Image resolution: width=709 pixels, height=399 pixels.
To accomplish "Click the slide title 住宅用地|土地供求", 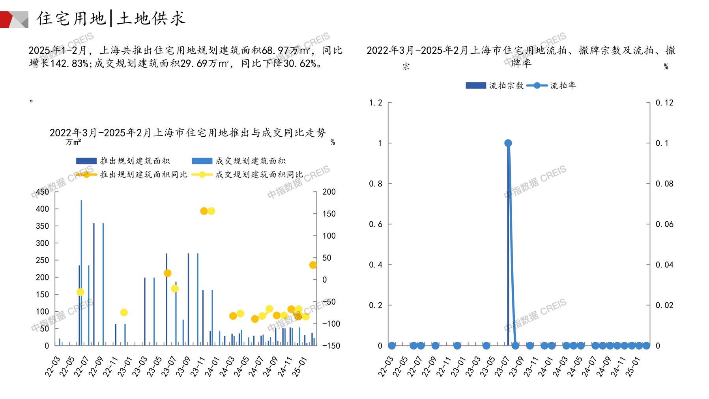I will click(111, 18).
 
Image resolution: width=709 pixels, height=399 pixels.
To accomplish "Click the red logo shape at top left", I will click(7, 19).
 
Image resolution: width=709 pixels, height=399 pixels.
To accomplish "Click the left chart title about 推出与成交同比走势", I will click(188, 133).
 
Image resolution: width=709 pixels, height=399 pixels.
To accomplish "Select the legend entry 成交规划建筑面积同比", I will click(259, 174).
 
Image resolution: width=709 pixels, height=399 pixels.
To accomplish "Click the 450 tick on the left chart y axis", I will click(43, 192).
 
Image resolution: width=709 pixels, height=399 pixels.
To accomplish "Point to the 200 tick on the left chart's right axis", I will click(329, 192).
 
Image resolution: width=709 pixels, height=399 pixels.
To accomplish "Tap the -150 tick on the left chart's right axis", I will click(331, 346).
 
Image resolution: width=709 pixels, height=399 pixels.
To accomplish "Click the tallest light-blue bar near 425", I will click(82, 273).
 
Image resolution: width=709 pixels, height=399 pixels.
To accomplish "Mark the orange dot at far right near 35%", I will click(313, 265).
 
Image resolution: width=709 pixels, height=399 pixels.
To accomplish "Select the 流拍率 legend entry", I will click(563, 85).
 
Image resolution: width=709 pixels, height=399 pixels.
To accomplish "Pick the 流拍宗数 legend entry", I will click(506, 85).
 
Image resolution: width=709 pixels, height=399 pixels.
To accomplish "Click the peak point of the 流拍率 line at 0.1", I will click(508, 143).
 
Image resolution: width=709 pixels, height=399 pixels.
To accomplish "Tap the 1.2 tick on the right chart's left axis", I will click(376, 103).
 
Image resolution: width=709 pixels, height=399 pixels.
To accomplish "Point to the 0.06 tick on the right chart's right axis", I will click(664, 224).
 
